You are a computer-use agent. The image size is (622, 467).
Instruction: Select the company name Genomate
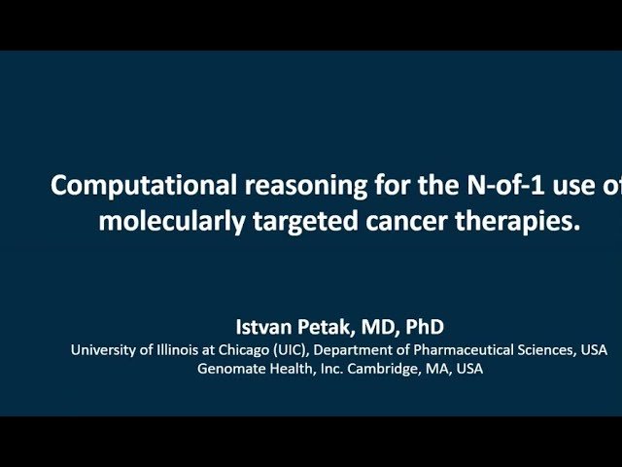point(228,369)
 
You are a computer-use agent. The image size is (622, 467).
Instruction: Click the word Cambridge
point(367,369)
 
